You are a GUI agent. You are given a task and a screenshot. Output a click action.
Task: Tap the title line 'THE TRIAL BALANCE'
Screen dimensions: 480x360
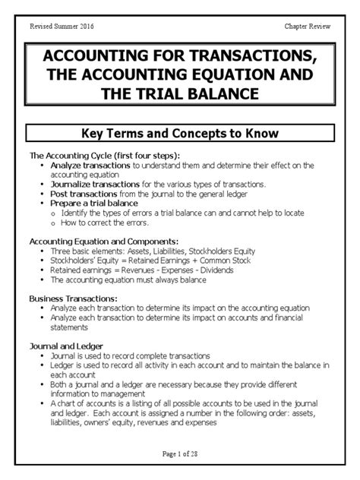click(180, 94)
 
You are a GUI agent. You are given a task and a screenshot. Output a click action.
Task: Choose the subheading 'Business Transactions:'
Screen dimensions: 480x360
click(73, 298)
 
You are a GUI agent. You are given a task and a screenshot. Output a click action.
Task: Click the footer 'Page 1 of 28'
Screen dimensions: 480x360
click(180, 454)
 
